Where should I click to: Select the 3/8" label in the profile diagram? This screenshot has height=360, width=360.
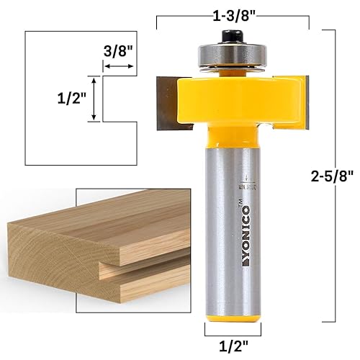tap(119, 52)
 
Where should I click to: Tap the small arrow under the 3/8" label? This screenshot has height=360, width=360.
tap(119, 67)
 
